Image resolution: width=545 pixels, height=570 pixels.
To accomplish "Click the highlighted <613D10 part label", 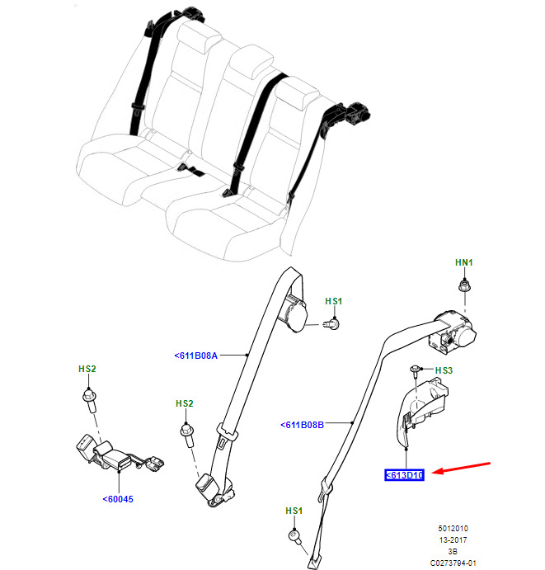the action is pos(404,475).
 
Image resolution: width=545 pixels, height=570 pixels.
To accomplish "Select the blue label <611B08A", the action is pos(196,356).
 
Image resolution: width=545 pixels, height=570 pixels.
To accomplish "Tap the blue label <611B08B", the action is pos(302,425).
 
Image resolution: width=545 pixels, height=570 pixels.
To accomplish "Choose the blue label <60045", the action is pos(118,499).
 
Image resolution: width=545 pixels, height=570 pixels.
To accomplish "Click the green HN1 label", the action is pos(464,262).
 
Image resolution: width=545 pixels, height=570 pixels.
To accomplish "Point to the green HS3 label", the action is pos(444,370).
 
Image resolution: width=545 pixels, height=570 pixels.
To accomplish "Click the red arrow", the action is pos(462,469).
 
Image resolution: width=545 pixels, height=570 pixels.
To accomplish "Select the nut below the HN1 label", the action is pos(464,285).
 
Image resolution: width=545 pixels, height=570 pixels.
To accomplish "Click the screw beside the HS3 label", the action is pos(415,371).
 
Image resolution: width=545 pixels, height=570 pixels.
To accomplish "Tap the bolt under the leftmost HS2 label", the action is pos(89,401).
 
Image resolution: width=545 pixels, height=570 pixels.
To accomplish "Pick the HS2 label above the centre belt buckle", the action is pos(184,403).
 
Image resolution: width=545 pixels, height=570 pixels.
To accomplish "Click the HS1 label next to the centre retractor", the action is pos(334,301).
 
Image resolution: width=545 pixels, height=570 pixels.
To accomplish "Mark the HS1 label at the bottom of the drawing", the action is pos(294,511).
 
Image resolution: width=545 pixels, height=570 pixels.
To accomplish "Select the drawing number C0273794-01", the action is pos(453,563).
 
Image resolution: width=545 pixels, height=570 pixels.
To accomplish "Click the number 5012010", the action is pos(453,528).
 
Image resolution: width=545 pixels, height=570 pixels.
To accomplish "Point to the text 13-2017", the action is pos(453,539).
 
